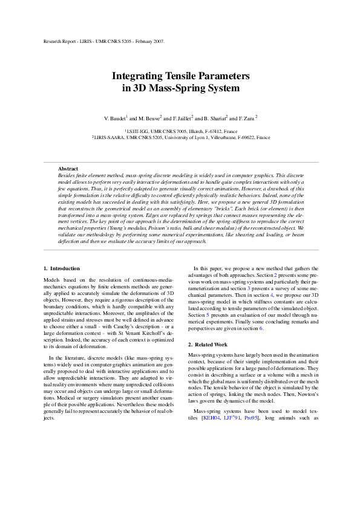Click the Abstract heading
tap(68, 168)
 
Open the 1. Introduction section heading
tap(62, 268)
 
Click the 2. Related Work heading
tap(208, 344)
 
